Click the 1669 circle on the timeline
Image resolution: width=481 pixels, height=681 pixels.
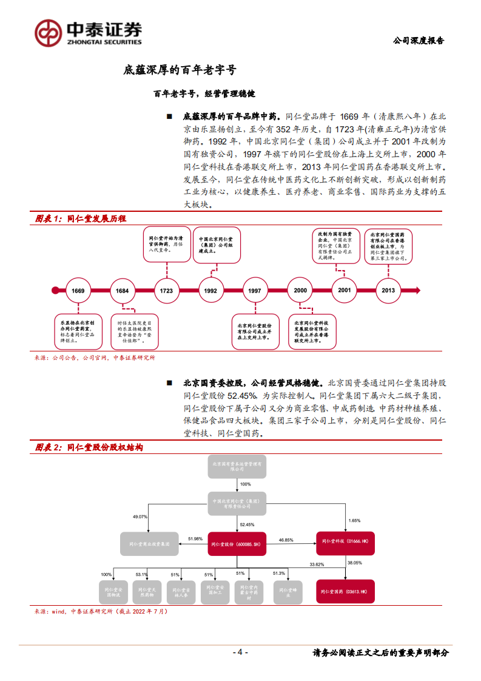[78, 291]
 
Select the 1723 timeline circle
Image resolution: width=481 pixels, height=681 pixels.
[166, 291]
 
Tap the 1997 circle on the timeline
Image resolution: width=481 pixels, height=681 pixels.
[255, 291]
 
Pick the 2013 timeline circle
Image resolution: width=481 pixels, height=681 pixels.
[388, 290]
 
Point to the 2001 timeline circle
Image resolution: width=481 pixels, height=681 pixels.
[345, 290]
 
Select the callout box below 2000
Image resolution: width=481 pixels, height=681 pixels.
[312, 332]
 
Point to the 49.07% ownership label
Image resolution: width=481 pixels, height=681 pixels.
[140, 517]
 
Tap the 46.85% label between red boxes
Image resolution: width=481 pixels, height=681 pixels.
[286, 539]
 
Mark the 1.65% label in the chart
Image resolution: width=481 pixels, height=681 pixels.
[355, 521]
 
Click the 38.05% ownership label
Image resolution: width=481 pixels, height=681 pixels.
[355, 563]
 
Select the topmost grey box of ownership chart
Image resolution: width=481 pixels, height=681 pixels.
[237, 465]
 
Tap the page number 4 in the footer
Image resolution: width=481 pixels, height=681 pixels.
[240, 652]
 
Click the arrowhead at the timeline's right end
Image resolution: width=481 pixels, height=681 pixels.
[424, 290]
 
